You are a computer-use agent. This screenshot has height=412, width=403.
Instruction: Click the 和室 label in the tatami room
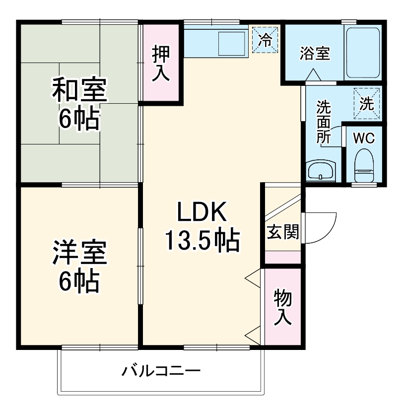79,91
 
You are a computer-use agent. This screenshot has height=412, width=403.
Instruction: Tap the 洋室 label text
79,253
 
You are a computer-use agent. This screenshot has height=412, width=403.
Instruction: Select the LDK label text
202,213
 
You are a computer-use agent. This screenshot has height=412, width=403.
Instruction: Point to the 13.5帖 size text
202,241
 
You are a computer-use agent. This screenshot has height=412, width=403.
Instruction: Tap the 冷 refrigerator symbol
266,40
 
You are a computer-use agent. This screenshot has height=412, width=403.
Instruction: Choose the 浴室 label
315,54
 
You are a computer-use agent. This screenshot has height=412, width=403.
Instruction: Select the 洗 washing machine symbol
366,104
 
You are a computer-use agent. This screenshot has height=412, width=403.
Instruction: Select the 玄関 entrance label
282,232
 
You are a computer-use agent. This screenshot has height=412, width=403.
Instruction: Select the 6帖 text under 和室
79,119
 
